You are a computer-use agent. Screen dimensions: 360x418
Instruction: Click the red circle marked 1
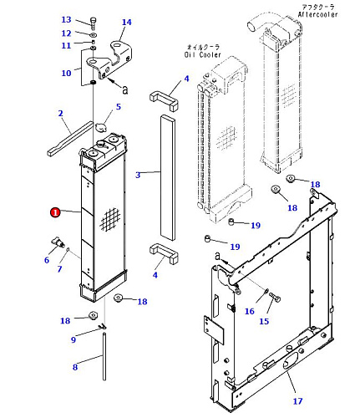pyautogui.click(x=55, y=212)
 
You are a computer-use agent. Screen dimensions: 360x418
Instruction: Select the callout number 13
pyautogui.click(x=66, y=19)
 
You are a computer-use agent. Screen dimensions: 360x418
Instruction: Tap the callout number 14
pyautogui.click(x=127, y=22)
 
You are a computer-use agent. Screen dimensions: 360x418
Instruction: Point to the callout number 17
pyautogui.click(x=297, y=401)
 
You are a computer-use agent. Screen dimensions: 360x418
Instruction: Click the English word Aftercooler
pyautogui.click(x=317, y=14)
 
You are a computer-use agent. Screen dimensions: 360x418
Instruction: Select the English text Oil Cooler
pyautogui.click(x=202, y=54)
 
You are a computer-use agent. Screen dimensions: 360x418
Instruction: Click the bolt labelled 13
pyautogui.click(x=93, y=23)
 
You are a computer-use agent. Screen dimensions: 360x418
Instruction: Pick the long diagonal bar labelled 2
pyautogui.click(x=70, y=139)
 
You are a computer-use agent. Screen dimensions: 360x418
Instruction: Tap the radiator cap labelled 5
pyautogui.click(x=100, y=128)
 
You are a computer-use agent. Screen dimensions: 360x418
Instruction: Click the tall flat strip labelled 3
pyautogui.click(x=168, y=178)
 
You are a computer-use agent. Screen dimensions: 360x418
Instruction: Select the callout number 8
pyautogui.click(x=75, y=367)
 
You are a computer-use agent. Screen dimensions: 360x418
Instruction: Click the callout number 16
pyautogui.click(x=250, y=311)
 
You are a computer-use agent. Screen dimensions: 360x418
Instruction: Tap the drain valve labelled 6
pyautogui.click(x=58, y=242)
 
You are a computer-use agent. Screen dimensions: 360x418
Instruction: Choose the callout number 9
pyautogui.click(x=74, y=339)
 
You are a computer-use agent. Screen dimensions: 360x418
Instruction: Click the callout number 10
pyautogui.click(x=66, y=73)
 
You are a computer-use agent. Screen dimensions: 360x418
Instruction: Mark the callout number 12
pyautogui.click(x=66, y=33)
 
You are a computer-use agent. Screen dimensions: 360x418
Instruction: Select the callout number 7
pyautogui.click(x=59, y=269)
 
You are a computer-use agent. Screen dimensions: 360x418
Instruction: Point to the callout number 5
pyautogui.click(x=119, y=106)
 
